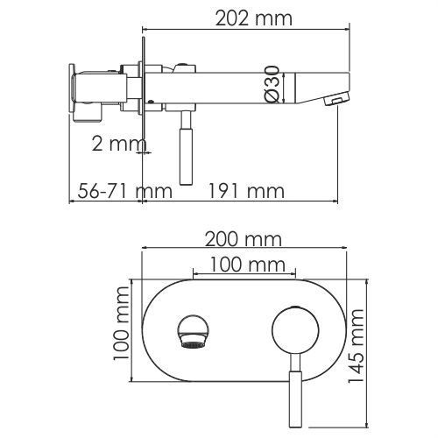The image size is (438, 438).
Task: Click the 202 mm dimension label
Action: [253, 18]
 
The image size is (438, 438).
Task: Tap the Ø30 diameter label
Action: [272, 84]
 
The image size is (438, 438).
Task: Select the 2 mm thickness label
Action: [119, 144]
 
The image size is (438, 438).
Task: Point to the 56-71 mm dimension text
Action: [124, 191]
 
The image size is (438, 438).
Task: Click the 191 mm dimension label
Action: [245, 191]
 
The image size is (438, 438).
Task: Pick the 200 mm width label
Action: [244, 239]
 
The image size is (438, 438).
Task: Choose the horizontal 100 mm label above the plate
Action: [247, 265]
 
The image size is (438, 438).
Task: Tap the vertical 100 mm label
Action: [121, 323]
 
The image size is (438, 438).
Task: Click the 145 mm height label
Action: [357, 345]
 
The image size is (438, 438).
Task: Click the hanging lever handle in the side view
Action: [186, 148]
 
